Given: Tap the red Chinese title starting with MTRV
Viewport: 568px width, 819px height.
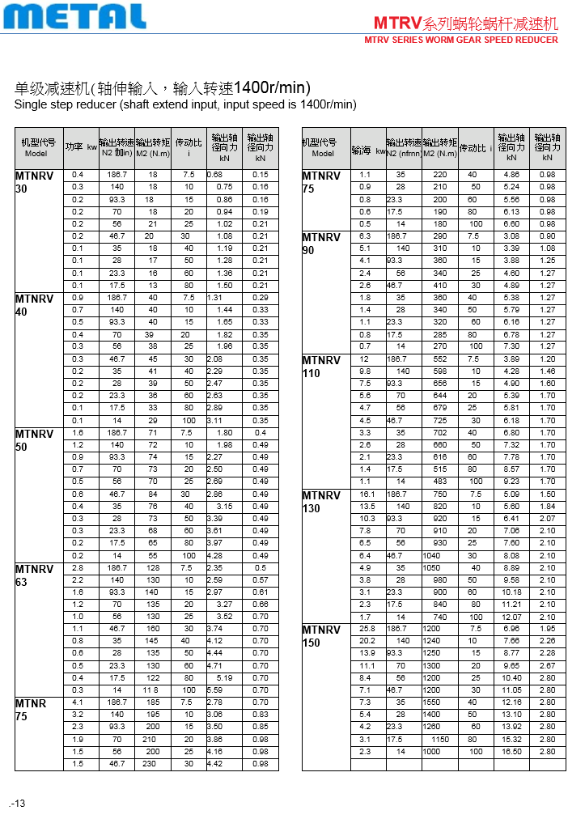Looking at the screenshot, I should click(465, 23).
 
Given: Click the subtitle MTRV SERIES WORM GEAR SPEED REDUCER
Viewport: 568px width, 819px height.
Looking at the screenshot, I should click(461, 40).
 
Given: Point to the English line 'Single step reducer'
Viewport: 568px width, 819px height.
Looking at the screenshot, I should click(185, 104).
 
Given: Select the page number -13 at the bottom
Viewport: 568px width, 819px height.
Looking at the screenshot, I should click(18, 803).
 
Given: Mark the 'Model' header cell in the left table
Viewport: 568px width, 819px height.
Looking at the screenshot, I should click(36, 153).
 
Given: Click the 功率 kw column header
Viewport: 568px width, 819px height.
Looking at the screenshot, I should click(81, 147).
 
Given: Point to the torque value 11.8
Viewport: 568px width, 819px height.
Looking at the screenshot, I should click(151, 690).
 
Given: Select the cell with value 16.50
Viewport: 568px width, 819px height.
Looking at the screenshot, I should click(511, 751).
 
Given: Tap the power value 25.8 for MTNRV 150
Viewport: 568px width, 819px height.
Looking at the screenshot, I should click(367, 628).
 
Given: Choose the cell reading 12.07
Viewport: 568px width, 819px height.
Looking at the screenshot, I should click(511, 616).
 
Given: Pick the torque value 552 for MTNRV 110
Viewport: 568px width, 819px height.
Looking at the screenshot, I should click(439, 359).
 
